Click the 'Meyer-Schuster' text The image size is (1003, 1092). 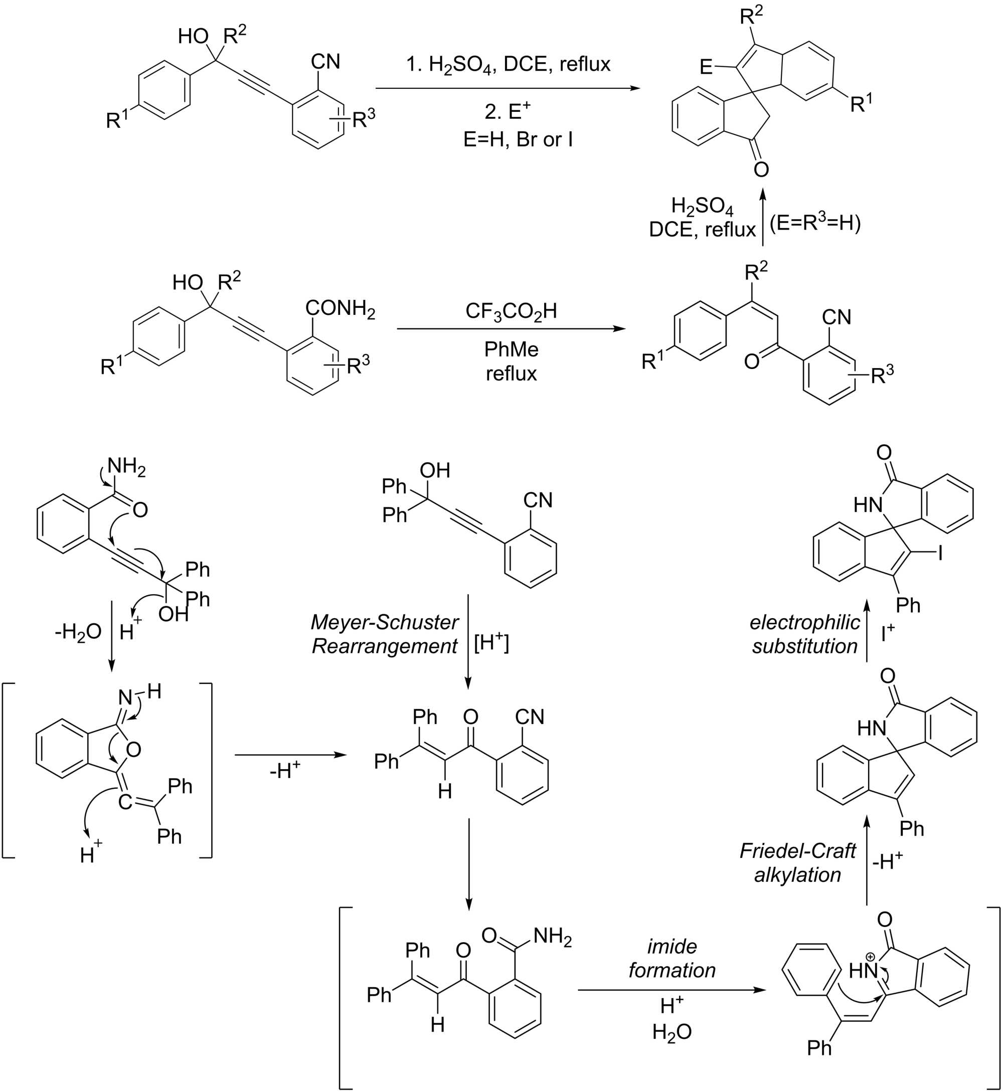pyautogui.click(x=384, y=622)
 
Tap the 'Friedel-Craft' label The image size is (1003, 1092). pyautogui.click(x=797, y=851)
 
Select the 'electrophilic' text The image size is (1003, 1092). pyautogui.click(x=804, y=622)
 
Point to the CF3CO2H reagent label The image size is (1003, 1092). pyautogui.click(x=511, y=311)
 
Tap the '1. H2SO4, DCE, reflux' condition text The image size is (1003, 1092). pyautogui.click(x=509, y=65)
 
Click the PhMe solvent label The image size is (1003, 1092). pyautogui.click(x=511, y=349)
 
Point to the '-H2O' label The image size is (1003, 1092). pyautogui.click(x=78, y=632)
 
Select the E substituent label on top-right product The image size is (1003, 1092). pyautogui.click(x=705, y=67)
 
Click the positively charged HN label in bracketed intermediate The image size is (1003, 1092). pyautogui.click(x=863, y=971)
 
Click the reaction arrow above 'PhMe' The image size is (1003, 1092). pyautogui.click(x=511, y=329)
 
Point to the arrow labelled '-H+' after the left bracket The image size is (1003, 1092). pyautogui.click(x=290, y=755)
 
